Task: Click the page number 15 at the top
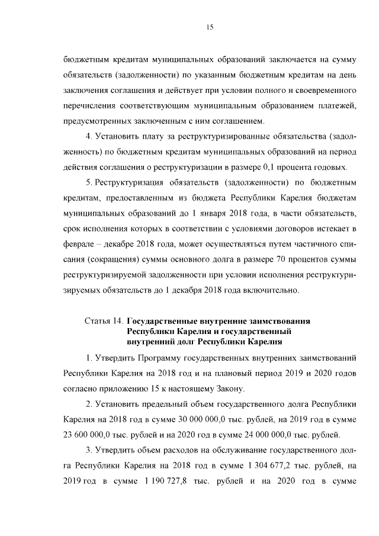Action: coord(210,27)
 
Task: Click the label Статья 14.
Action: coord(104,321)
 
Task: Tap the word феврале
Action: coord(79,243)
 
